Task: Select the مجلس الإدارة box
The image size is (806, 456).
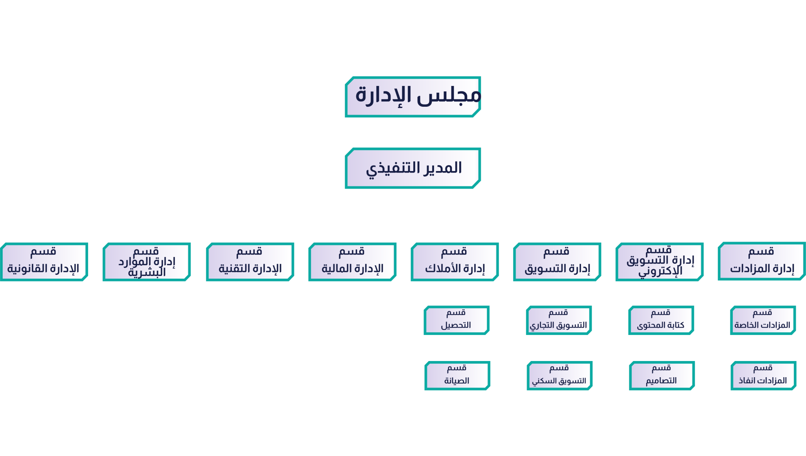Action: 413,97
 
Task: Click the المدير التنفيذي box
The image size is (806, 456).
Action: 413,168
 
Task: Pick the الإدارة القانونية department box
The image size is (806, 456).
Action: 44,262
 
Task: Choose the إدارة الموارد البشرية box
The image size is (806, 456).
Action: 147,262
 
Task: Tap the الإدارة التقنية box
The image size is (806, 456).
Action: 250,262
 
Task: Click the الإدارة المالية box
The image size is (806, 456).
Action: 352,262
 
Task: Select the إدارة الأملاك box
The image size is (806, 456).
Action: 455,262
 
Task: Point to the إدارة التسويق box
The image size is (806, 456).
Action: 557,262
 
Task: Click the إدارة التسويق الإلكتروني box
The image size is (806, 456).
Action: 660,262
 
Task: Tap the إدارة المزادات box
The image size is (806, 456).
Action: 762,261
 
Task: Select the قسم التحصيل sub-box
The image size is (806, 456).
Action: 457,320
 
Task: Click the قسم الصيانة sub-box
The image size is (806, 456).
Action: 457,376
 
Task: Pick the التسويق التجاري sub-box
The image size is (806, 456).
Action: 559,320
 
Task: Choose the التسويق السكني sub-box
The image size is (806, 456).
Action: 559,376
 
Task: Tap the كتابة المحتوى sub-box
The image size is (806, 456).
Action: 661,320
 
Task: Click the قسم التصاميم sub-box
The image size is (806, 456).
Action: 662,376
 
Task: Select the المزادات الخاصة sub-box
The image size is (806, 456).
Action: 763,320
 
